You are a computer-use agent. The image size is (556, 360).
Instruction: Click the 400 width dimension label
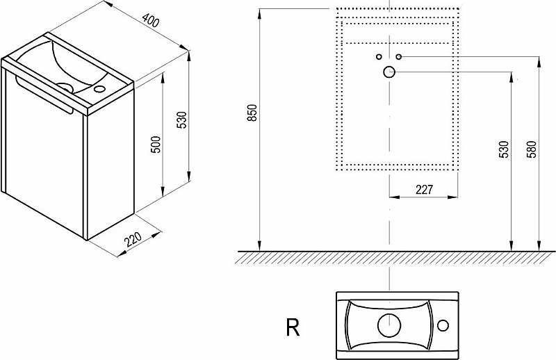click(151, 20)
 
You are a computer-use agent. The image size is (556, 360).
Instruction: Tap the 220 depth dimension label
click(133, 239)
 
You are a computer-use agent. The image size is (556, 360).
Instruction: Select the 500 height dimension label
click(156, 145)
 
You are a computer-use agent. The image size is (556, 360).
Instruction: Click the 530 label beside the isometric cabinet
click(181, 120)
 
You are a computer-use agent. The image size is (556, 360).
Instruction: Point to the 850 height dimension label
click(252, 113)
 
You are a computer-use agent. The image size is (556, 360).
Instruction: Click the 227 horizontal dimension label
click(424, 190)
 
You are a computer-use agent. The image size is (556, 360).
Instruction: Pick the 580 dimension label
click(532, 149)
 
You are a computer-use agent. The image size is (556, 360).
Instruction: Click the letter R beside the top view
click(293, 327)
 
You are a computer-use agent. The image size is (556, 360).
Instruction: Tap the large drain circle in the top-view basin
click(389, 325)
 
